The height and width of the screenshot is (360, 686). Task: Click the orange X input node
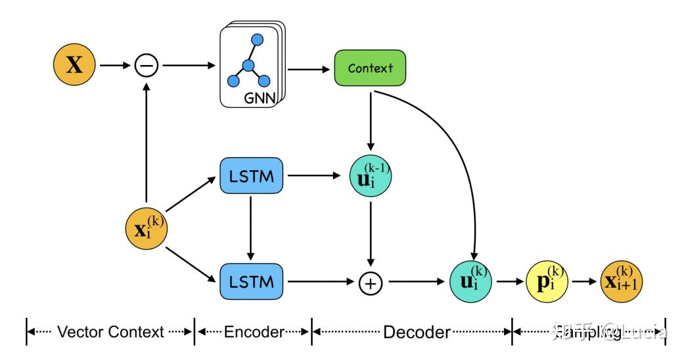74,66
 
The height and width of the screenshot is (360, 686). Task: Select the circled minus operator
146,66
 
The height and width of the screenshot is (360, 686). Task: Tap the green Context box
370,68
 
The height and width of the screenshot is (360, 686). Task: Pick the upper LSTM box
249,175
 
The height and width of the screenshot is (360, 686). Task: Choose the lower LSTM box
249,282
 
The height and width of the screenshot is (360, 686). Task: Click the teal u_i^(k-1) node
370,176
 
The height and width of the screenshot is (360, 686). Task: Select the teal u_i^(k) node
470,282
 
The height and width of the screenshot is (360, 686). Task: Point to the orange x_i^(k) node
146,229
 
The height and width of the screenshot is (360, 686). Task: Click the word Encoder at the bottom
253,332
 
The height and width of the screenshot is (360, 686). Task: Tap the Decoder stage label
417,332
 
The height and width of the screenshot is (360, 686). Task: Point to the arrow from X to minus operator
115,66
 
